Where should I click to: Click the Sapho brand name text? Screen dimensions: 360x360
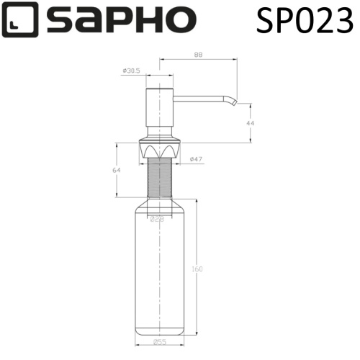[x=115, y=19]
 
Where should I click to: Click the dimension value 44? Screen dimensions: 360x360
[x=249, y=123]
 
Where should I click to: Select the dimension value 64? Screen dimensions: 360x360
[x=117, y=170]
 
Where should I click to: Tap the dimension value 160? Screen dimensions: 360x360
[x=197, y=269]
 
